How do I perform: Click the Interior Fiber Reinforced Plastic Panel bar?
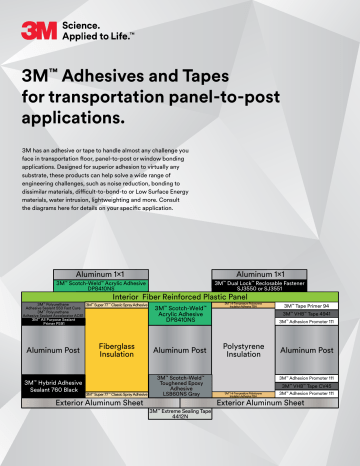click(x=179, y=297)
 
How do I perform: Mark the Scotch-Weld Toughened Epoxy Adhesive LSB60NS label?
click(x=179, y=384)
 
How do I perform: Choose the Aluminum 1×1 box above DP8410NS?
click(x=112, y=273)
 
